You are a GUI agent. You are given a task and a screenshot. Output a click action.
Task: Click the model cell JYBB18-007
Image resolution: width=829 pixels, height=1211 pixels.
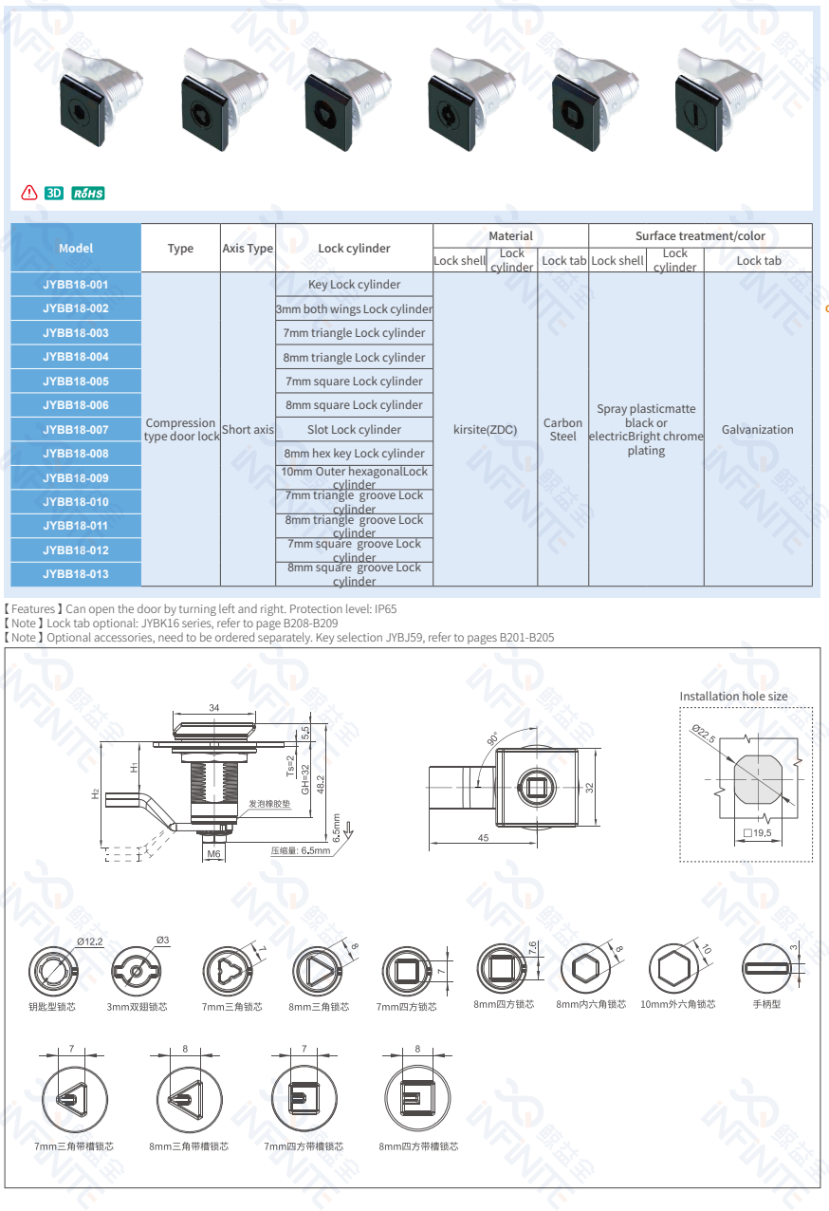tap(76, 430)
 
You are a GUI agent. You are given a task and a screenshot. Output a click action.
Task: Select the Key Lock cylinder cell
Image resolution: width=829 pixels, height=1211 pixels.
tap(354, 285)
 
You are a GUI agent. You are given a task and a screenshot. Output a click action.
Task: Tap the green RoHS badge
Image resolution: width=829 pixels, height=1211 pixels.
tap(88, 194)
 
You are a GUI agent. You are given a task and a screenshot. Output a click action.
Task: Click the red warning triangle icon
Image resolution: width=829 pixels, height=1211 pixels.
tap(29, 194)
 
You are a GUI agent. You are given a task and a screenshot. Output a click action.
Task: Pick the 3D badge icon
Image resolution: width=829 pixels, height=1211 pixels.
tap(54, 194)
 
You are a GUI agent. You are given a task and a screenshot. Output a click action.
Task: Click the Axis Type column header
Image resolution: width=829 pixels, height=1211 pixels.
tap(248, 249)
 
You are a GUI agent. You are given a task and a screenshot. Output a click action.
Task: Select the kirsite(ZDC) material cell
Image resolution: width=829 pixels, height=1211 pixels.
tap(485, 430)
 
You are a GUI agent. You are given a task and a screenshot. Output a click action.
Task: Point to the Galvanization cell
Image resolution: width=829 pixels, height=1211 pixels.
tap(757, 430)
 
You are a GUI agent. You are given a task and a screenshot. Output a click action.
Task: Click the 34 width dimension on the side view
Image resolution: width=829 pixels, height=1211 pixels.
tap(213, 708)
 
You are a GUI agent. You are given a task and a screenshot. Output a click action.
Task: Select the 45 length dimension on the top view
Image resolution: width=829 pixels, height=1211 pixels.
tap(483, 838)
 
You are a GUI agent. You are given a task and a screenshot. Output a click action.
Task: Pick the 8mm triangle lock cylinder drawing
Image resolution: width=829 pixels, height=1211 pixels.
tap(315, 971)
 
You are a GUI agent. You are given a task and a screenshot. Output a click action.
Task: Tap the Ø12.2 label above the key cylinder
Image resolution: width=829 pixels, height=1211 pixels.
tap(90, 941)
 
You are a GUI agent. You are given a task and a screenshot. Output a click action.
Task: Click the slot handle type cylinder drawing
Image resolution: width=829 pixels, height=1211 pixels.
tap(765, 969)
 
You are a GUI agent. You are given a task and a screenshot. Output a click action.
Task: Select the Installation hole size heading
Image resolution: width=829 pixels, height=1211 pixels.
tap(733, 697)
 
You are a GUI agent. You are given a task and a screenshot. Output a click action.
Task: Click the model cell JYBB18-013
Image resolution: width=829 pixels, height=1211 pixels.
tap(76, 574)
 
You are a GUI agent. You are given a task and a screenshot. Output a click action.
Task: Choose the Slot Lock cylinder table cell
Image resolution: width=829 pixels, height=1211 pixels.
tap(354, 430)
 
